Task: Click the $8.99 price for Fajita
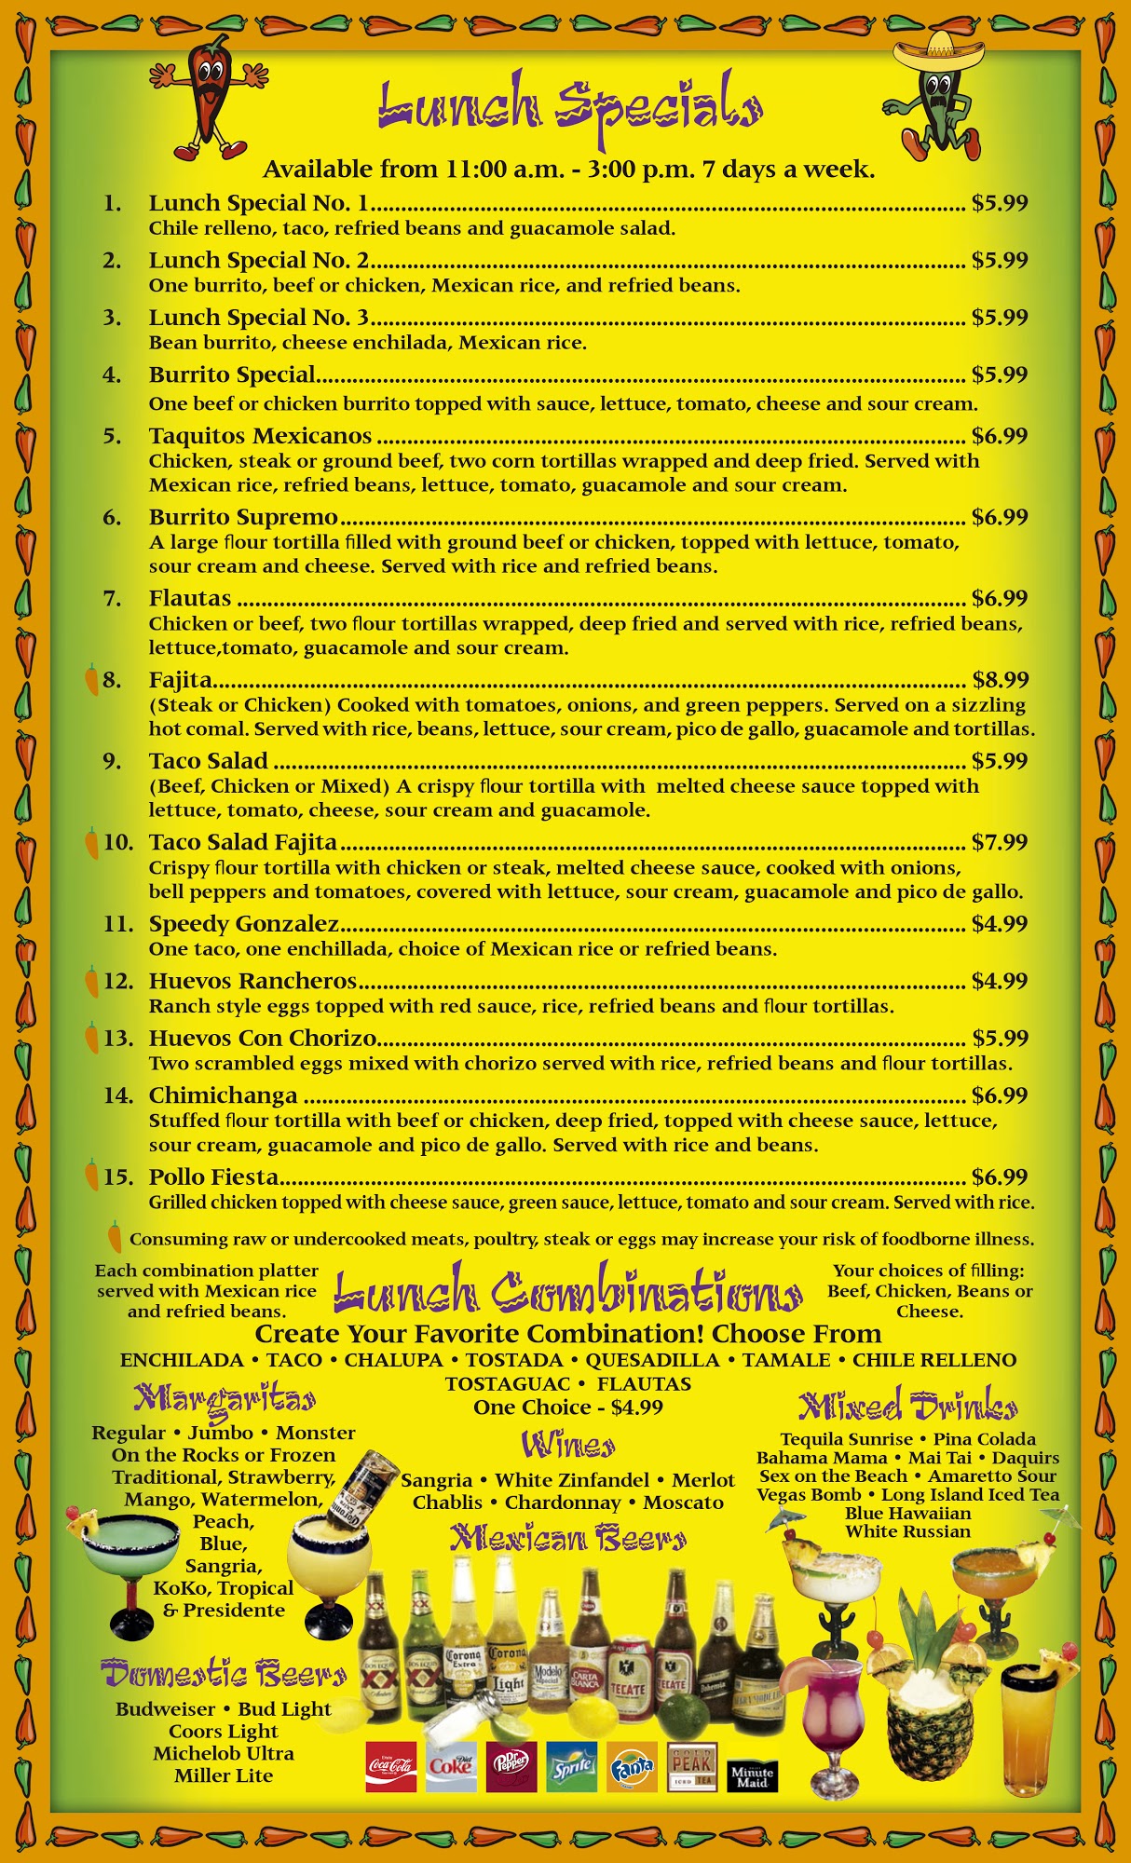coord(1000,680)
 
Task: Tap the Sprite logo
coord(571,1766)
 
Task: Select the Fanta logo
coord(632,1766)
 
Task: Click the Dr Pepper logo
coord(511,1766)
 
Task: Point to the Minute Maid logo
coord(752,1775)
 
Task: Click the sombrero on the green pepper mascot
coord(938,51)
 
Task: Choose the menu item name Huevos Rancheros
coord(252,981)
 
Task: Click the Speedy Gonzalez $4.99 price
coord(1000,924)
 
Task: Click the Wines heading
coord(567,1445)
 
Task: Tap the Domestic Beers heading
coord(224,1674)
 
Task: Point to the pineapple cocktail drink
coord(918,1716)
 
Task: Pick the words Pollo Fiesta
coord(213,1177)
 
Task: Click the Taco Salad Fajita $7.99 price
coord(1000,843)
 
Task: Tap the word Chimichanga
coord(223,1095)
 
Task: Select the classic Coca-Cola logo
coord(391,1766)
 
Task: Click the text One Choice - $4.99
coord(567,1407)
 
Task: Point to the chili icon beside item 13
coord(91,1038)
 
